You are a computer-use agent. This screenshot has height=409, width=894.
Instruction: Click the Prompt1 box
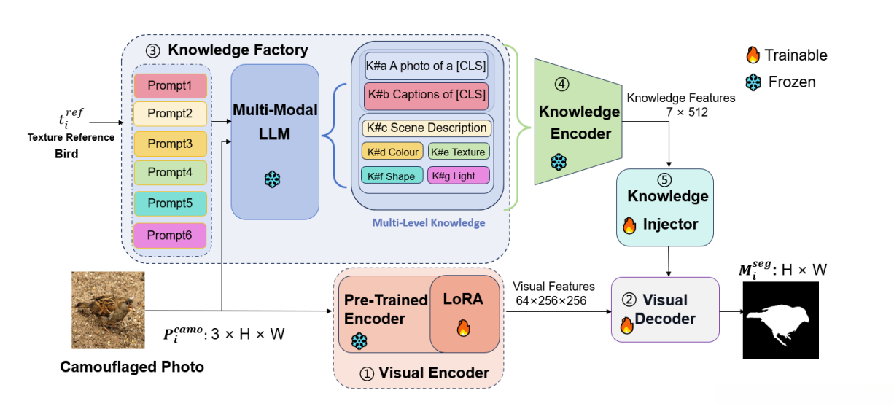click(x=171, y=85)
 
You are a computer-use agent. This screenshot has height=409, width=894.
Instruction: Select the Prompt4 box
click(x=171, y=174)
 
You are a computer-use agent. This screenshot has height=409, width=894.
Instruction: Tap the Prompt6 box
click(x=171, y=235)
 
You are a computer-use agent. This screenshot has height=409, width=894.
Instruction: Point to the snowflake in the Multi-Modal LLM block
click(x=273, y=179)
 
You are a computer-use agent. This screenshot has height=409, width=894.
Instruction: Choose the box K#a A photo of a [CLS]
click(x=427, y=66)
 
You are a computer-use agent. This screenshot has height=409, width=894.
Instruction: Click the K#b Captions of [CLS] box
click(x=427, y=95)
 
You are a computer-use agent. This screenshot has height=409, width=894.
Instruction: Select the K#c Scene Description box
click(x=427, y=128)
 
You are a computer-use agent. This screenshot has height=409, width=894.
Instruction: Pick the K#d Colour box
click(x=392, y=152)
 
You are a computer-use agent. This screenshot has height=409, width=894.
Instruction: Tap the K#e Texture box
click(x=459, y=152)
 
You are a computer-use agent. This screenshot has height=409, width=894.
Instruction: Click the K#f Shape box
click(x=392, y=176)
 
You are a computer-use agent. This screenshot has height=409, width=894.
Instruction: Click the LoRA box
click(x=464, y=312)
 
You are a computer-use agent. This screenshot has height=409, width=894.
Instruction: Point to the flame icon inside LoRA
click(x=463, y=329)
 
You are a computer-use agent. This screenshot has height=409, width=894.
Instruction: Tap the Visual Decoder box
click(x=664, y=310)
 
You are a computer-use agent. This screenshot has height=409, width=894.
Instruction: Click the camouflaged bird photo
click(x=108, y=310)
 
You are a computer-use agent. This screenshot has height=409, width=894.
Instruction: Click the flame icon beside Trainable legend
click(x=753, y=55)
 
